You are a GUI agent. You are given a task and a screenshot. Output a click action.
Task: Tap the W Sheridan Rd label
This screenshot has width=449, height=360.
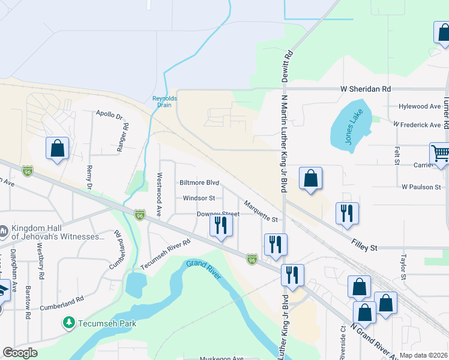pyautogui.click(x=366, y=89)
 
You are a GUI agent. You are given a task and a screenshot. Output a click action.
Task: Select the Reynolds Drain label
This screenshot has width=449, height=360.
pyautogui.click(x=164, y=101)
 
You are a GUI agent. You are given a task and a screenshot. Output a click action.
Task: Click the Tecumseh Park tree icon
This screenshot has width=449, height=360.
pyautogui.click(x=69, y=323)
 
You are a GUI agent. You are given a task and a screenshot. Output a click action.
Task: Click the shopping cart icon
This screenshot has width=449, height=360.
pyautogui.click(x=440, y=153)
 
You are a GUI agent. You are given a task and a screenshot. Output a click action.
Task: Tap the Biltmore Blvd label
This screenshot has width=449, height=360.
pyautogui.click(x=199, y=182)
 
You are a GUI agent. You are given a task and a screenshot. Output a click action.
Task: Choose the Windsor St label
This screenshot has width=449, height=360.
pyautogui.click(x=198, y=198)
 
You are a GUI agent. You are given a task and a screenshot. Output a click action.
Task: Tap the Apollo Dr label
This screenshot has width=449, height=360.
pyautogui.click(x=110, y=113)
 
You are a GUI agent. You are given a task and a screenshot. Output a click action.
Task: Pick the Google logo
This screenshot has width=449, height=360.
pyautogui.click(x=20, y=353)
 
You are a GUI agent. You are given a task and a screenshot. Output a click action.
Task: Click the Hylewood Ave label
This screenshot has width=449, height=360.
pyautogui.click(x=420, y=106)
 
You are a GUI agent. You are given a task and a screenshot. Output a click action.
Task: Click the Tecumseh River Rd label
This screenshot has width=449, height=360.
pyautogui.click(x=165, y=254)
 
